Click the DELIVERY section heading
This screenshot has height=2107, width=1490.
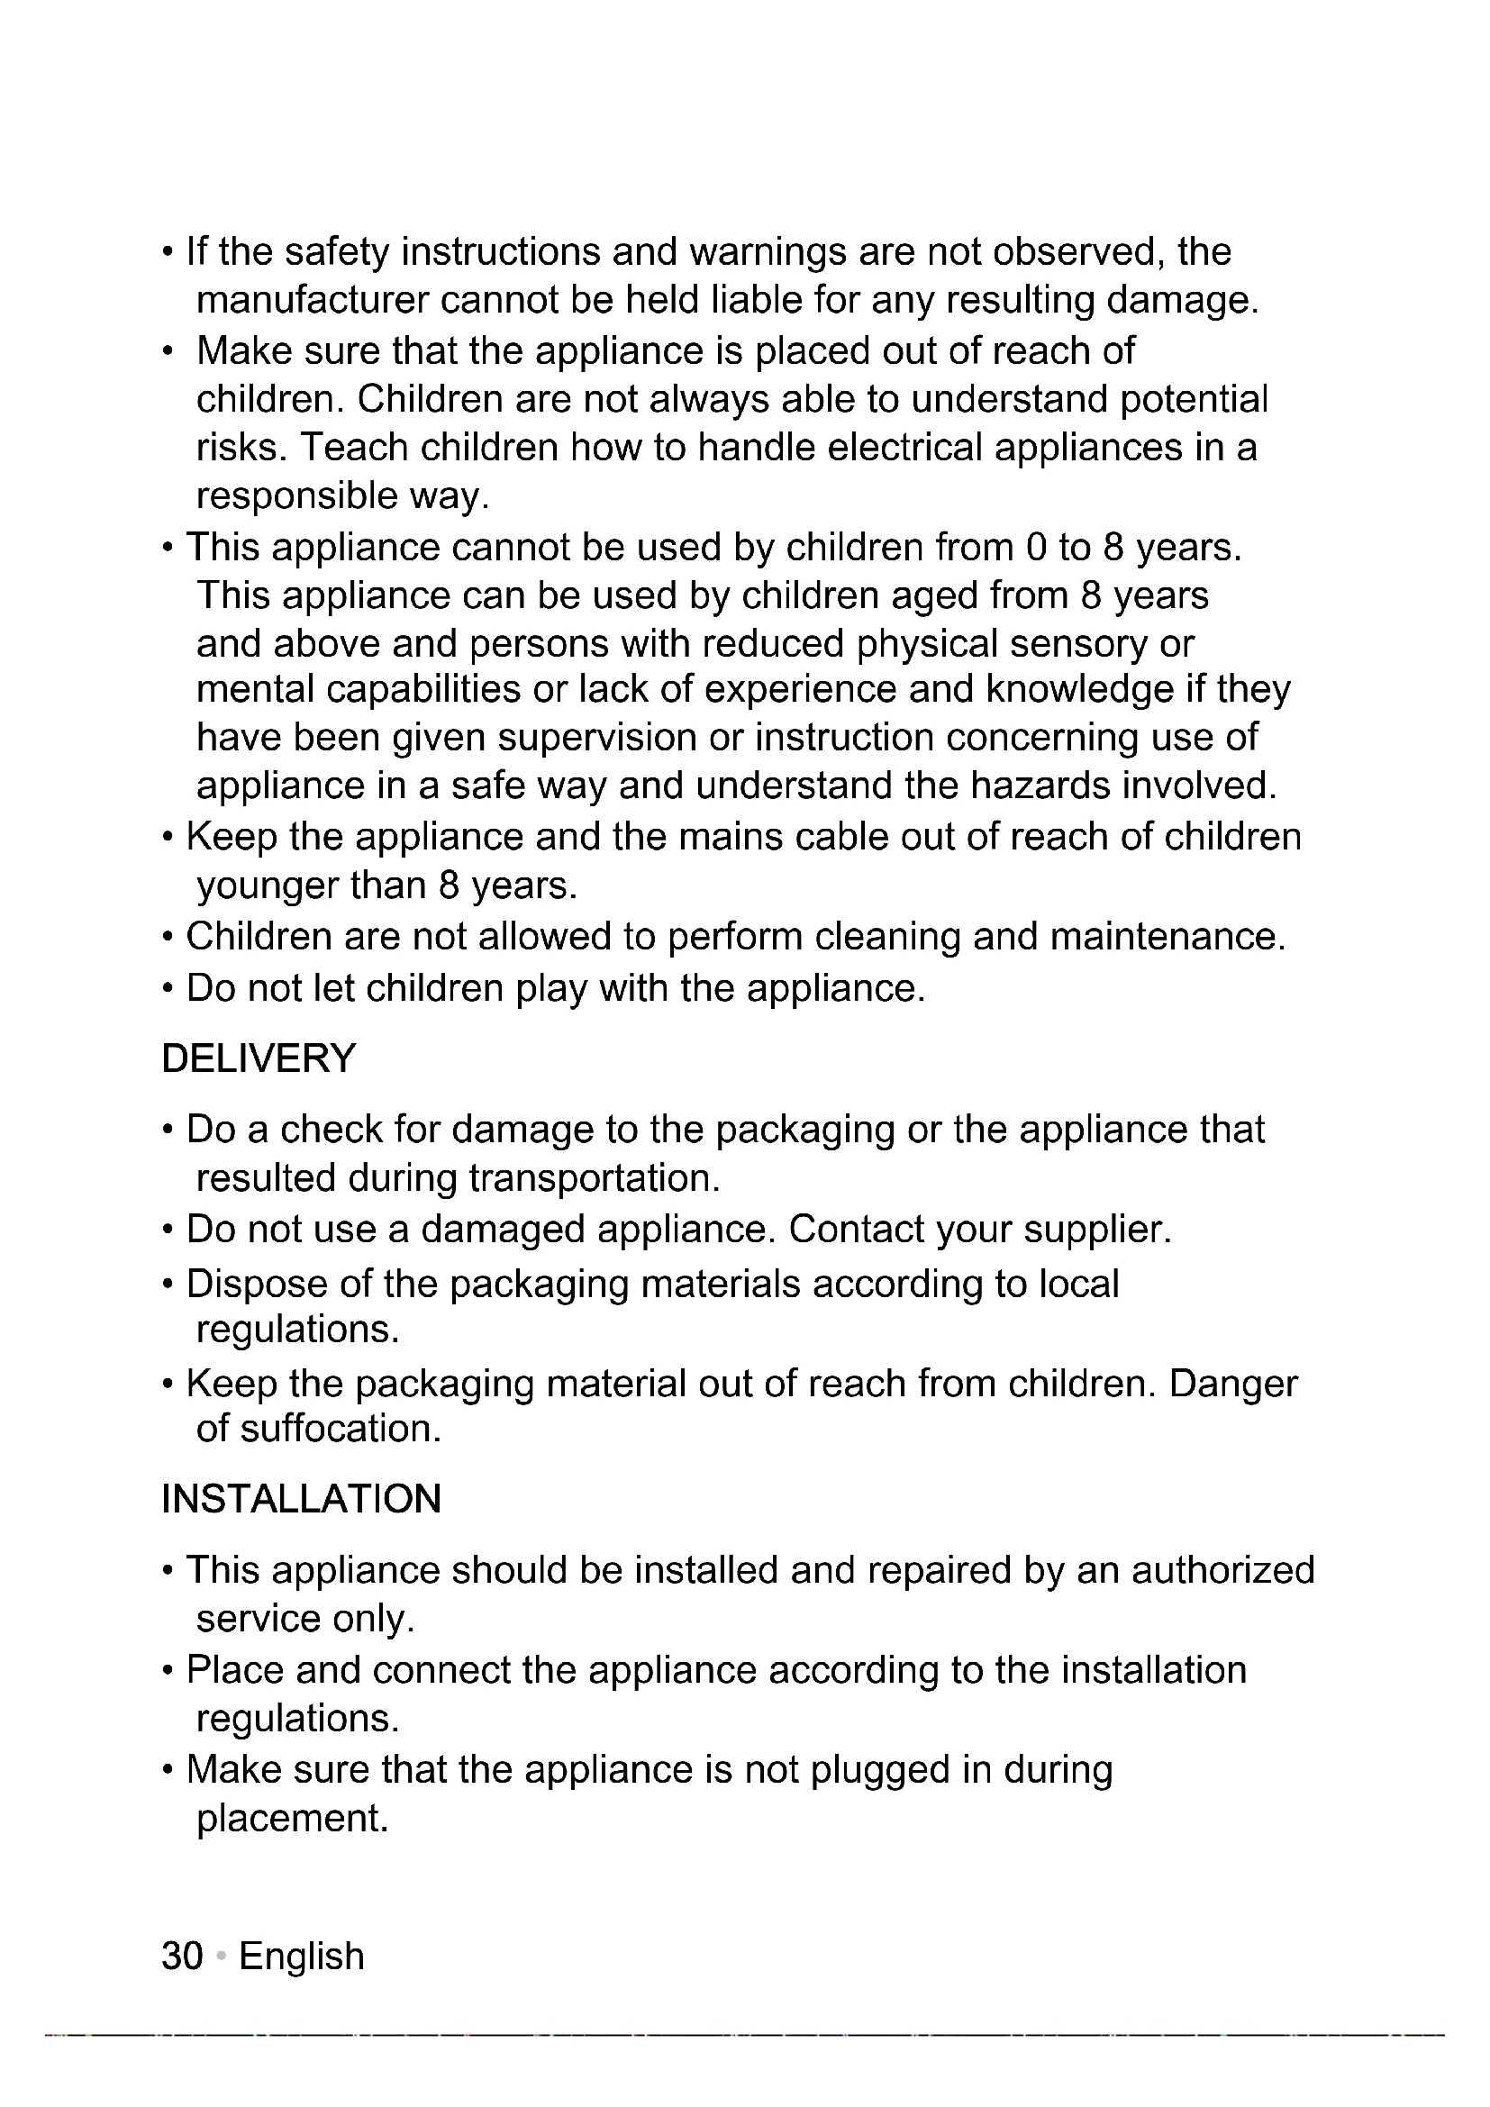(x=259, y=1058)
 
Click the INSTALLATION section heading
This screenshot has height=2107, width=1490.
(x=301, y=1499)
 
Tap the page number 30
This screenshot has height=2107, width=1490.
(x=182, y=1956)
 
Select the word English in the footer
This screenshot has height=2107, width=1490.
(x=302, y=1956)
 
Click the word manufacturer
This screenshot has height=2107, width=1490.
(x=313, y=300)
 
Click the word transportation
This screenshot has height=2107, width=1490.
(x=594, y=1178)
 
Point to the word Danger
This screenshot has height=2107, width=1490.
(x=1233, y=1383)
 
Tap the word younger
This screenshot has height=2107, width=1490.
(x=267, y=885)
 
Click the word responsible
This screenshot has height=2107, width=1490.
(x=296, y=496)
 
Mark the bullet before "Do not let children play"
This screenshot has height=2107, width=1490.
(x=167, y=989)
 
